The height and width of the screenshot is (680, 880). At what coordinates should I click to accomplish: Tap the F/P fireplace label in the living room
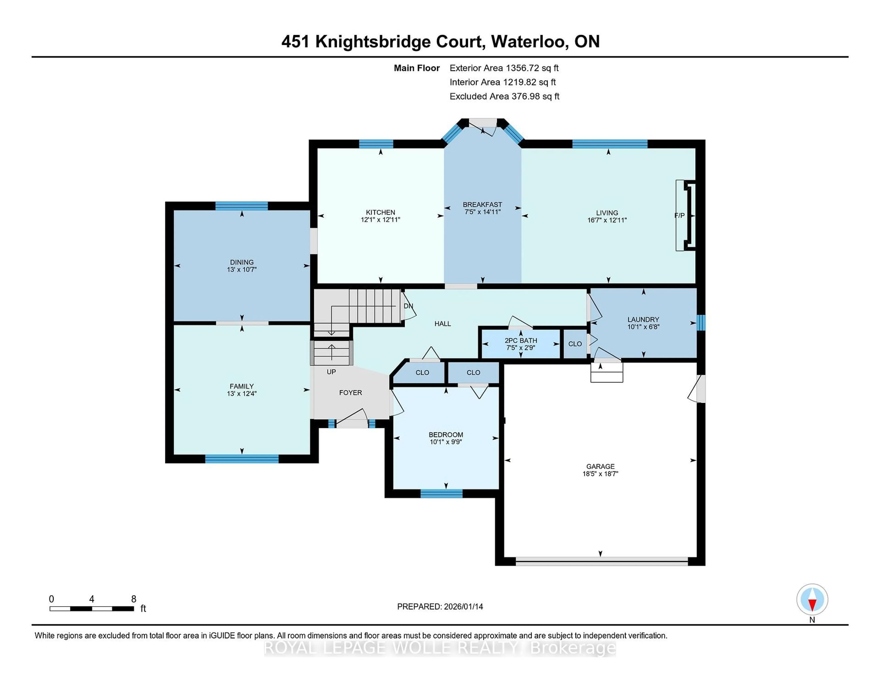[679, 216]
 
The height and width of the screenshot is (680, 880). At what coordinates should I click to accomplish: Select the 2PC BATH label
[521, 340]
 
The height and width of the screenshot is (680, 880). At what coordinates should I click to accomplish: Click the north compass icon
[812, 599]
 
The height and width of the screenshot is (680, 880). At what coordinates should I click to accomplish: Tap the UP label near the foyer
[331, 372]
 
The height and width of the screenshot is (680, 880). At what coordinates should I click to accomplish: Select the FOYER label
[350, 392]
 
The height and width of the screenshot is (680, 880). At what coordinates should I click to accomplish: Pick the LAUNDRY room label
[643, 319]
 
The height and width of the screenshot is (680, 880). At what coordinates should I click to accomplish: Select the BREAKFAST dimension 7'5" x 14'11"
[482, 212]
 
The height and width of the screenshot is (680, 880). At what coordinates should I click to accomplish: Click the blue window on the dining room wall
[241, 206]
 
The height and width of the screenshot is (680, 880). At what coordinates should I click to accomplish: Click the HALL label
[443, 324]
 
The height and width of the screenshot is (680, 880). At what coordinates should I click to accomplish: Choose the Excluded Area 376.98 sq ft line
[504, 96]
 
